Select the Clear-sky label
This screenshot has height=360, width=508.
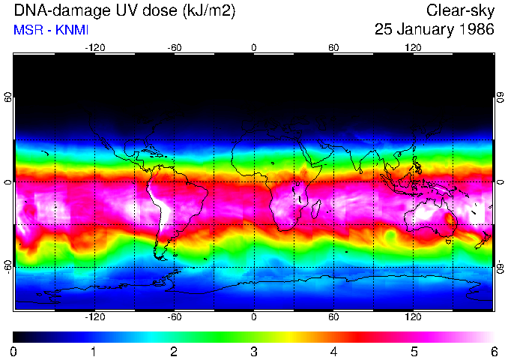coord(460,11)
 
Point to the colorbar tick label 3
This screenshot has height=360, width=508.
coord(253,351)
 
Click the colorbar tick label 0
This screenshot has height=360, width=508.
coord(14,351)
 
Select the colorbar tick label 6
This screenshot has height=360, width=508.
coord(493,351)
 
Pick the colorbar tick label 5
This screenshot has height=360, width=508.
coord(413,351)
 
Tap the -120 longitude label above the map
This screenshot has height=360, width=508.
coord(94,48)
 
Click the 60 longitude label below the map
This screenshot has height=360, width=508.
coord(333,317)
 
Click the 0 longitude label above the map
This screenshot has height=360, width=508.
coord(254,48)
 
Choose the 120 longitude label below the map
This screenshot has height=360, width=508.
coord(413,317)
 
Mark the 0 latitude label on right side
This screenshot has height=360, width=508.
coord(500,182)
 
